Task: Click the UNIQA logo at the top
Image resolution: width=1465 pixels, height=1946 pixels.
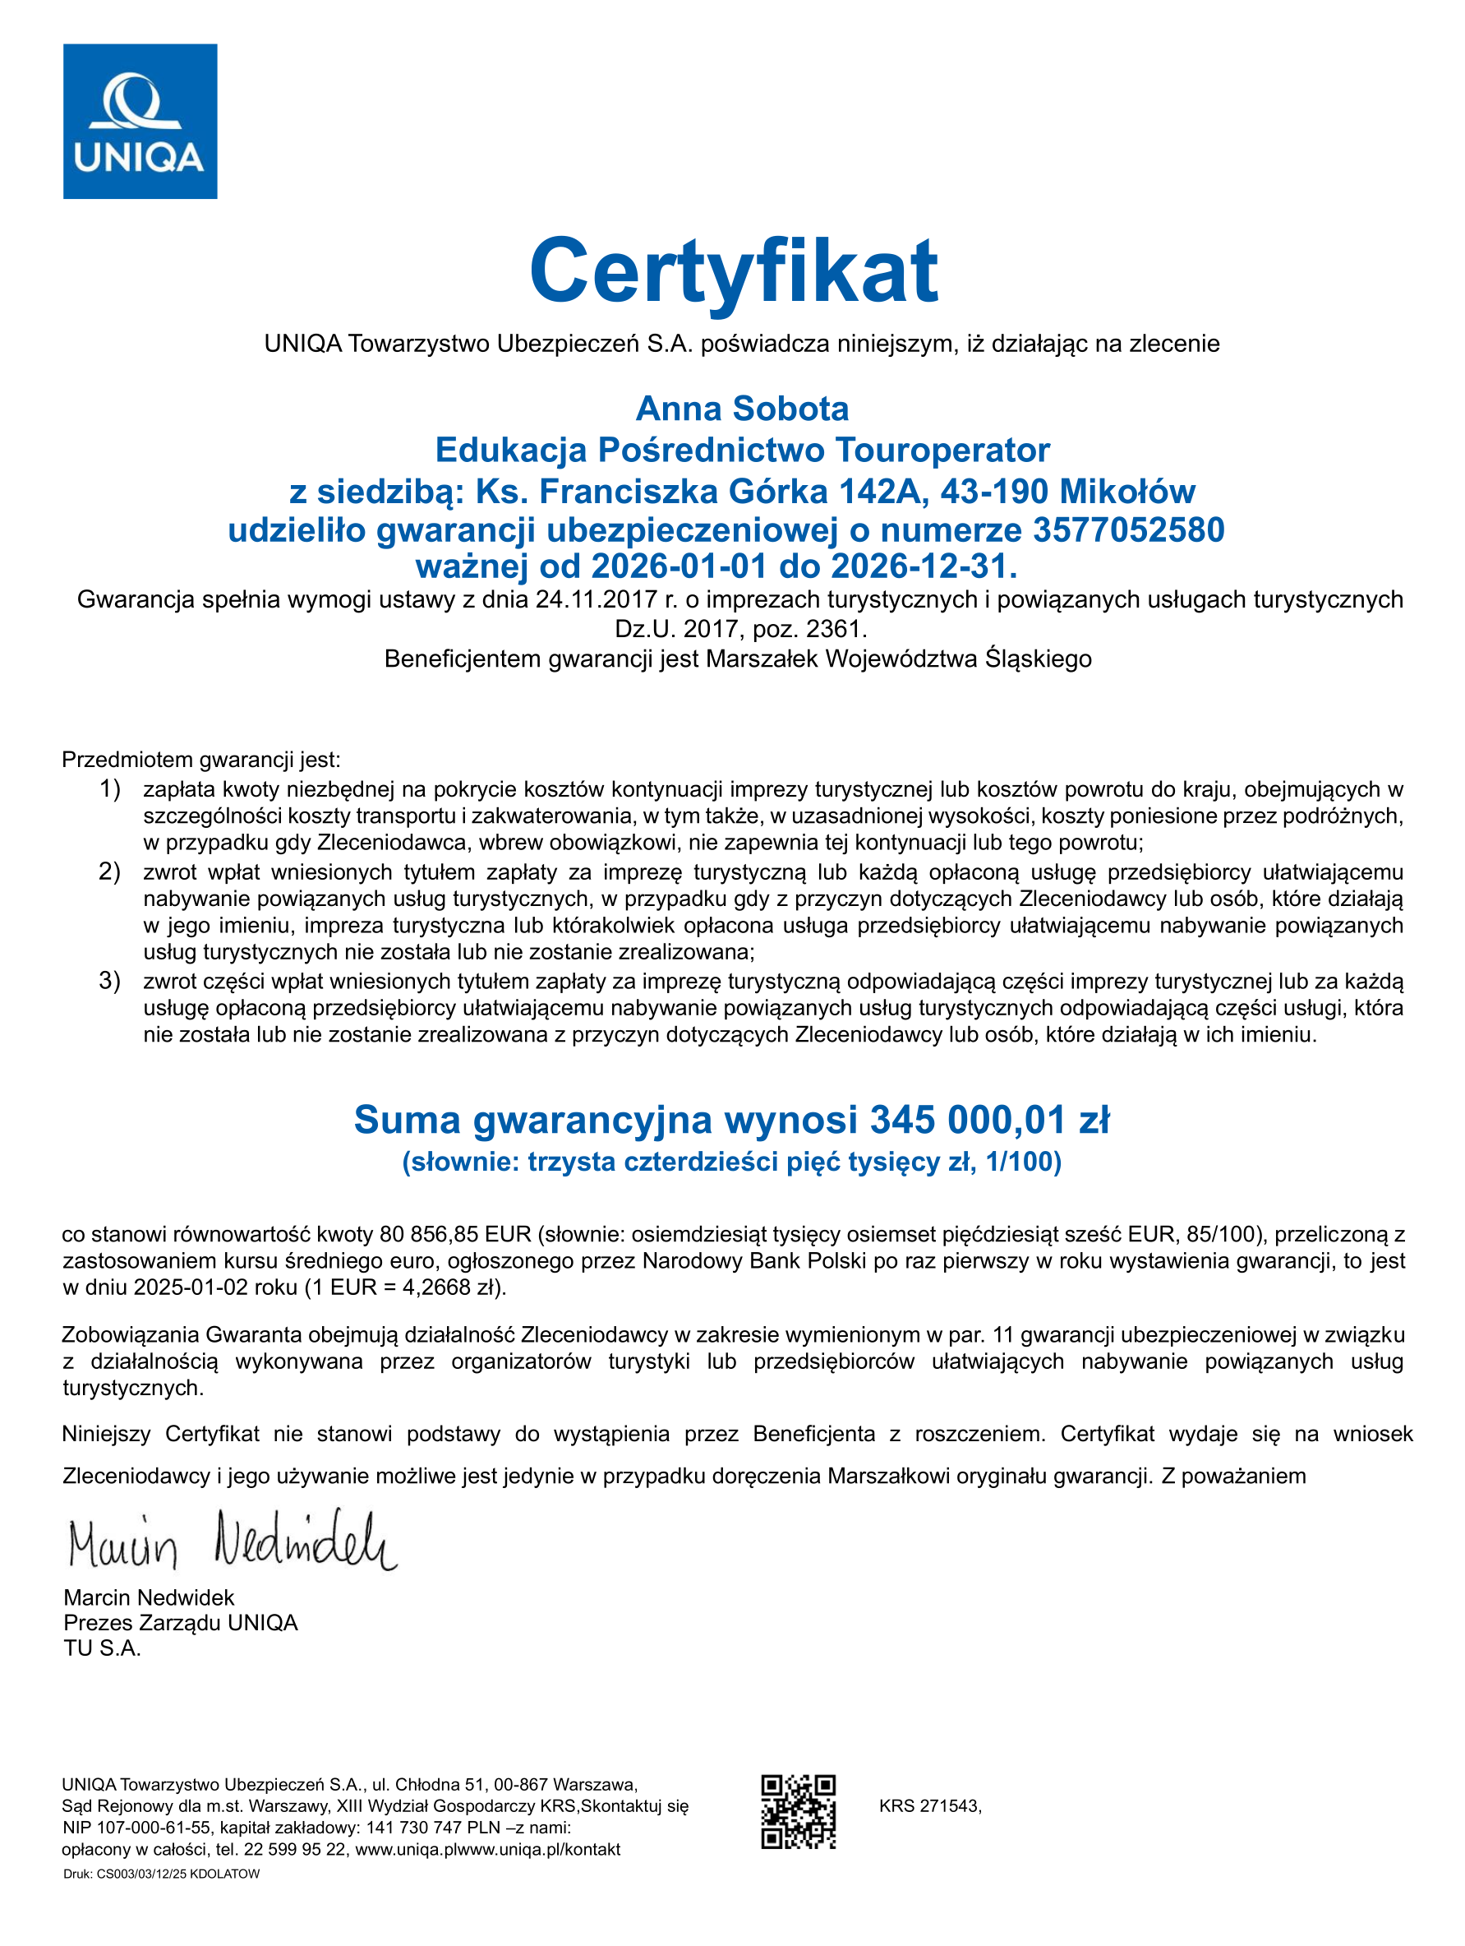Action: click(x=140, y=122)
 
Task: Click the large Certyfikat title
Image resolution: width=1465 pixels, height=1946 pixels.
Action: click(x=734, y=270)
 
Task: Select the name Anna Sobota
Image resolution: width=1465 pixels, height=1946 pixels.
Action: click(x=742, y=409)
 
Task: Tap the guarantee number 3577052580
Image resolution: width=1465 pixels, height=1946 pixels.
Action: click(x=1128, y=530)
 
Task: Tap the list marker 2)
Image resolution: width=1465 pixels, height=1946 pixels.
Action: click(x=110, y=871)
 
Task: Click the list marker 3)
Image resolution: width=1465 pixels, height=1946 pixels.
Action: click(x=110, y=980)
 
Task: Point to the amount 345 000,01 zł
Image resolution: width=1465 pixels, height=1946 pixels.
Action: click(x=989, y=1120)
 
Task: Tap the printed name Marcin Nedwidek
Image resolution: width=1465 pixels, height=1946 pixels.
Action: click(x=149, y=1597)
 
